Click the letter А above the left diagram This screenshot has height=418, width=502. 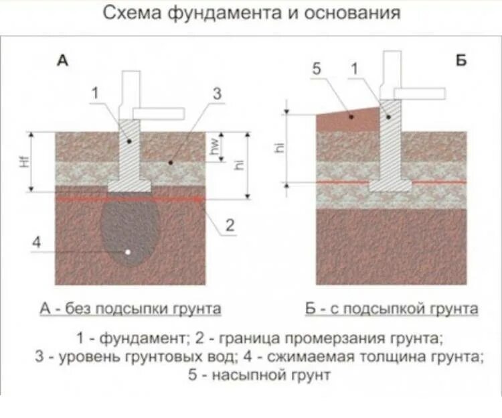[62, 60]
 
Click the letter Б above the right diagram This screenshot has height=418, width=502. [461, 60]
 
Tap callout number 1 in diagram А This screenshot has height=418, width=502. [96, 93]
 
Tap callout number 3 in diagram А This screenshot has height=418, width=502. [216, 93]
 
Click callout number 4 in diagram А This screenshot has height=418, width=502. [37, 242]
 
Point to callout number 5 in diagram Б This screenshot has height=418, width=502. [317, 68]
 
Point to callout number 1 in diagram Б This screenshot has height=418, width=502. [354, 68]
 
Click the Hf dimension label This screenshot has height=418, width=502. [26, 161]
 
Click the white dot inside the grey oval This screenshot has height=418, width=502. [128, 252]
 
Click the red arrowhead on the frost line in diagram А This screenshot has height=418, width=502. [197, 199]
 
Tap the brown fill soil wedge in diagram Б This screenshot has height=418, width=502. [348, 119]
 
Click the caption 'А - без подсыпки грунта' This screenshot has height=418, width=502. [131, 309]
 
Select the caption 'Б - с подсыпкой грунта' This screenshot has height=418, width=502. [392, 309]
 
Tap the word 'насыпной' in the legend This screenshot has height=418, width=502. [240, 375]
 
